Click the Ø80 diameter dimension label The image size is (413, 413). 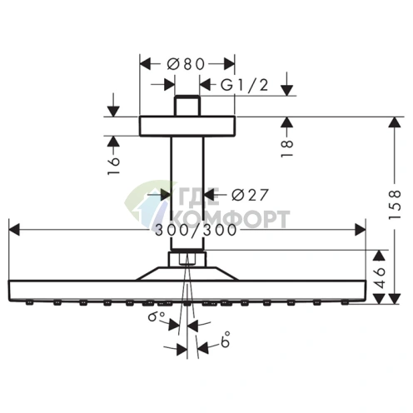(186, 64)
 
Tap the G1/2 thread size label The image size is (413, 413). (245, 85)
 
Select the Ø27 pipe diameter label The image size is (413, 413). (250, 195)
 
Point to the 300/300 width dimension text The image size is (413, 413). (196, 230)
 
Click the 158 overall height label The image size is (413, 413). (395, 205)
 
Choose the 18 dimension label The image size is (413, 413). (286, 148)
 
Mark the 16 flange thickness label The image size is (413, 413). (113, 166)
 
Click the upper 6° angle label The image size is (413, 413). (157, 316)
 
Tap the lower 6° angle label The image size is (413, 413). (226, 339)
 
